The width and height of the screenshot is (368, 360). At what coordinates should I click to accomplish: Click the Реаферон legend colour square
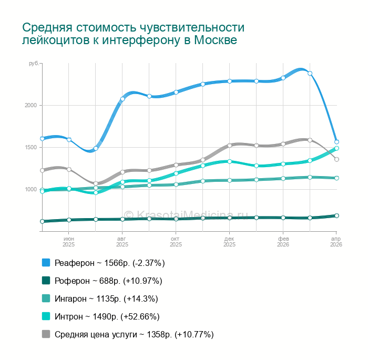[46, 262]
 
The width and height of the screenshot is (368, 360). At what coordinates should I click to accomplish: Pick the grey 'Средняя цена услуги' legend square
[46, 334]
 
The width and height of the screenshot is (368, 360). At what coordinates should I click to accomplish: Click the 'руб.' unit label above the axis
[33, 64]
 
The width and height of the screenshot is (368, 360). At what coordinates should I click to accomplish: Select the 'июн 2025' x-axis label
[69, 242]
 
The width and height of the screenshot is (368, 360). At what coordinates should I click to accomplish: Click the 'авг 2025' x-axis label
[122, 242]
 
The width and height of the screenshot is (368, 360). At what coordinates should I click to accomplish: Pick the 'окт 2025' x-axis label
[176, 242]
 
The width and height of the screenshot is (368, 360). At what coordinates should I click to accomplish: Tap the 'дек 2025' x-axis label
[230, 242]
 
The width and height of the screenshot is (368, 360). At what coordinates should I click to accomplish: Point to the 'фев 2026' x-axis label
[283, 242]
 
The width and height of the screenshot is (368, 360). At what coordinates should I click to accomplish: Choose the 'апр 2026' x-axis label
[336, 242]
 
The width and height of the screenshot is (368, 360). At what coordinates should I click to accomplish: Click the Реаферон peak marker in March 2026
[310, 73]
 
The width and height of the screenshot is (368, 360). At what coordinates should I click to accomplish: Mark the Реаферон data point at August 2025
[122, 99]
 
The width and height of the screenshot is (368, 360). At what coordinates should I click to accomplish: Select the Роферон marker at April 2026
[336, 215]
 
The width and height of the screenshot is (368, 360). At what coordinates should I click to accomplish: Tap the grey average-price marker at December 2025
[230, 145]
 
